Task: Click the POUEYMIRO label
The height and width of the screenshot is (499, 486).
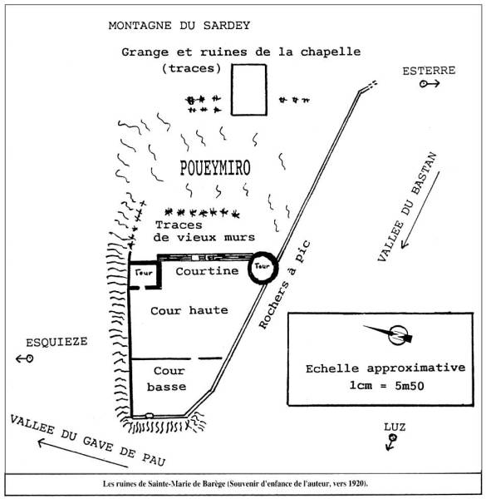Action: (215, 168)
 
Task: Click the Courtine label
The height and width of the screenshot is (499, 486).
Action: (207, 271)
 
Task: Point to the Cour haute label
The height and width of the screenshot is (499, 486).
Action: (189, 310)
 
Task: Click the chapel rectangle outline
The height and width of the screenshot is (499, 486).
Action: (232, 90)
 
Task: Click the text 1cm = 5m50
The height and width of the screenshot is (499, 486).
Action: (386, 386)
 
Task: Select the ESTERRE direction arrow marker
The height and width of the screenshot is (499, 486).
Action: (430, 84)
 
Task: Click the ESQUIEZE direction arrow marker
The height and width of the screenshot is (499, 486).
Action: (25, 358)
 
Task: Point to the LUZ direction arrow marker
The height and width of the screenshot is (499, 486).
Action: (391, 442)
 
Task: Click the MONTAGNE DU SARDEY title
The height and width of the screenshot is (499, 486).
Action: (179, 26)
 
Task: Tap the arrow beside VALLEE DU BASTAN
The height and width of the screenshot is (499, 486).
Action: (420, 210)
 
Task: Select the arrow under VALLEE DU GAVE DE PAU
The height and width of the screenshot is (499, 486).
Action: (82, 453)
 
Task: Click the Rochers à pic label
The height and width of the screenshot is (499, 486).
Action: (284, 284)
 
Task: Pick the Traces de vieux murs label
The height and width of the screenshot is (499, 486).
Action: (204, 231)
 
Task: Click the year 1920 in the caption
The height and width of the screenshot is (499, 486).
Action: (356, 484)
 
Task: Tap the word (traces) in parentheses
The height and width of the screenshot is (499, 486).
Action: (191, 68)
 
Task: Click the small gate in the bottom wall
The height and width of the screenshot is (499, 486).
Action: (149, 416)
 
